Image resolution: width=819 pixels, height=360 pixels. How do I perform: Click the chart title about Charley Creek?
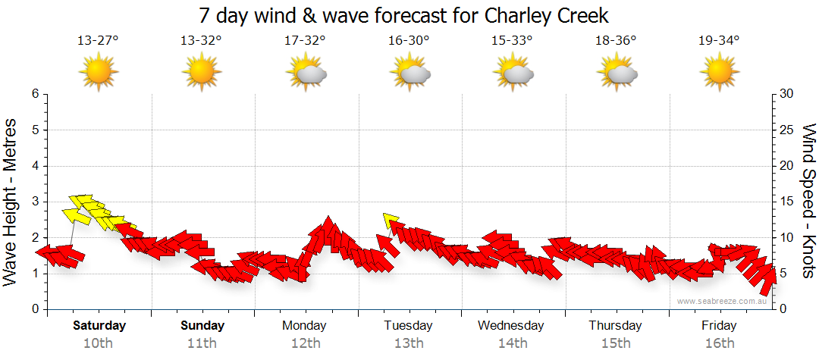click(403, 15)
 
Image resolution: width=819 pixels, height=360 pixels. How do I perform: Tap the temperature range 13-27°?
click(98, 41)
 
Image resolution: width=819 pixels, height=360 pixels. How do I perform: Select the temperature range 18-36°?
click(615, 41)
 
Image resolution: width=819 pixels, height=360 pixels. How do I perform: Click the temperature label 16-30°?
click(409, 41)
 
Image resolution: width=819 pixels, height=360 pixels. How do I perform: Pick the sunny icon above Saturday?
click(99, 73)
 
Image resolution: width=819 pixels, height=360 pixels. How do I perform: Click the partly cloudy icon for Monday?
click(306, 74)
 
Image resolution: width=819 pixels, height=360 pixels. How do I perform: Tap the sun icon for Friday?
click(719, 73)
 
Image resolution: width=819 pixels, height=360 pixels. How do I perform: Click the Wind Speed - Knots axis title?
click(808, 201)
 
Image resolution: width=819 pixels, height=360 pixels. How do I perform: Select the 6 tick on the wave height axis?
click(34, 94)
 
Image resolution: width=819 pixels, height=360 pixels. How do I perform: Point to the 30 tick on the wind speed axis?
click(787, 94)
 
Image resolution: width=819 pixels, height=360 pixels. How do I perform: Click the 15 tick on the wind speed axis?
click(787, 202)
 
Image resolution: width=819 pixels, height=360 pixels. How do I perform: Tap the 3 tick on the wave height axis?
click(34, 202)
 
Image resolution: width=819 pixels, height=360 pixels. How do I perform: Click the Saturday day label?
click(99, 326)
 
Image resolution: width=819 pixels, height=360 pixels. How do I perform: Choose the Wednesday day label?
click(511, 326)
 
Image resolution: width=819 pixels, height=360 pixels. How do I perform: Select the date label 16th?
click(719, 343)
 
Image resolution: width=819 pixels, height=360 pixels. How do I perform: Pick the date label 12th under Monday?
click(305, 343)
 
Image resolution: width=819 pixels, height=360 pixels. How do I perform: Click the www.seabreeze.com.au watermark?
click(723, 301)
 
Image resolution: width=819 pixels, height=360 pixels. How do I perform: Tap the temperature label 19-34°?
click(719, 41)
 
